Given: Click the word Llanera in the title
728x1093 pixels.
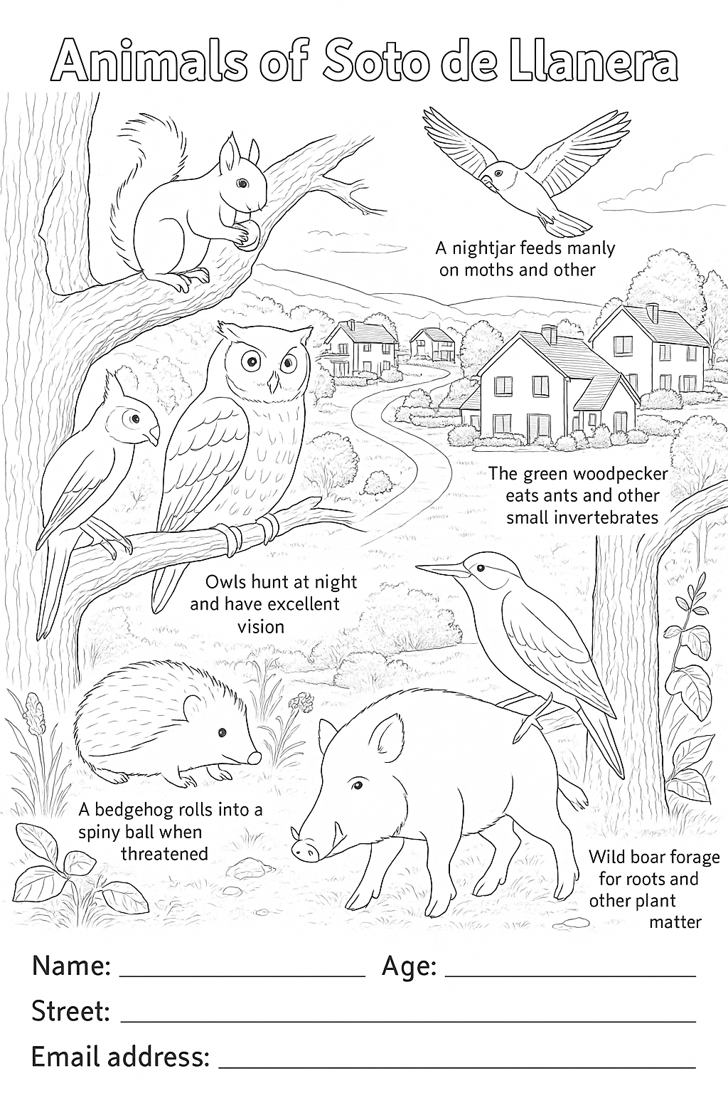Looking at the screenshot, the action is pyautogui.click(x=592, y=64).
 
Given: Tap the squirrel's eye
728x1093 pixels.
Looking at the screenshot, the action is pyautogui.click(x=242, y=184).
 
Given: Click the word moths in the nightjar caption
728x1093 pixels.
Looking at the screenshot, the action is pyautogui.click(x=493, y=270).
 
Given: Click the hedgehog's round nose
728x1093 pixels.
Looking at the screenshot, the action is pyautogui.click(x=255, y=757).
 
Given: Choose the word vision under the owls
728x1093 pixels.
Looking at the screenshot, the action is pyautogui.click(x=261, y=626).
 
